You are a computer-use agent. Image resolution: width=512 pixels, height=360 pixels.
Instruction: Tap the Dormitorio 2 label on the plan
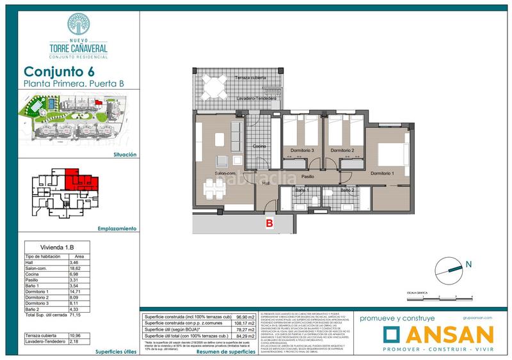click(x=342, y=150)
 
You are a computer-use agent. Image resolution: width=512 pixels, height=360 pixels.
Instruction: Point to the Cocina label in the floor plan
click(x=259, y=146)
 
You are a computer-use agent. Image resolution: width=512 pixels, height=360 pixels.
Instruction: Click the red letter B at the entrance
click(x=269, y=223)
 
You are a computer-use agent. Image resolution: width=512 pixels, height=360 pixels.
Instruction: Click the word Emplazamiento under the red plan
click(x=118, y=228)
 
